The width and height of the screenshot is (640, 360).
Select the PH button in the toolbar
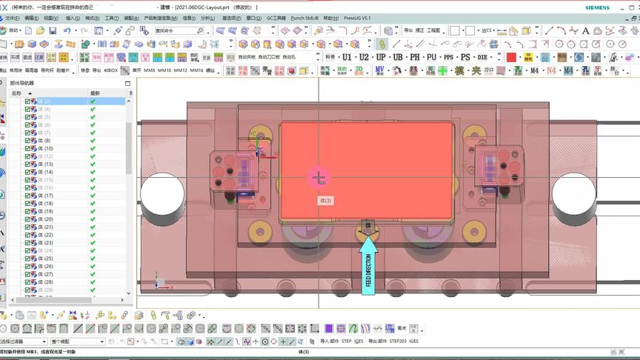(414, 57)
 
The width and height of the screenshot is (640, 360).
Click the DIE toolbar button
(483, 57)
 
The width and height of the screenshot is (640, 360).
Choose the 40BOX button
(110, 70)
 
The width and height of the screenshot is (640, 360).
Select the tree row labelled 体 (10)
(45, 148)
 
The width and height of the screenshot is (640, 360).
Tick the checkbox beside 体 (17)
(27, 196)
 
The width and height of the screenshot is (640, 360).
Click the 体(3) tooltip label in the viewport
(325, 200)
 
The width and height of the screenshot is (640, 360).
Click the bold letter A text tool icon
(585, 31)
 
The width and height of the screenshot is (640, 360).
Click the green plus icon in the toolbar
(442, 70)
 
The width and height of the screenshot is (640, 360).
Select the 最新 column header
(95, 93)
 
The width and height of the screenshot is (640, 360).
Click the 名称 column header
(16, 93)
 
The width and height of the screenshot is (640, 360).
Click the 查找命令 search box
(178, 31)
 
